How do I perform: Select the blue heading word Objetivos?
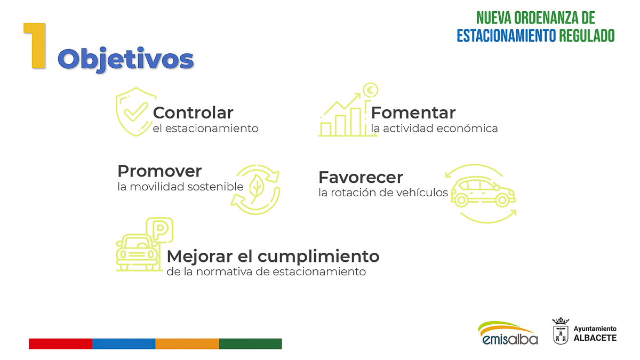click(x=126, y=59)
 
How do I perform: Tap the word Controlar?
click(x=193, y=113)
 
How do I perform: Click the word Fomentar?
click(x=413, y=113)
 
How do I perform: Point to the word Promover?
click(x=159, y=171)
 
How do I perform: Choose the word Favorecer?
click(x=361, y=177)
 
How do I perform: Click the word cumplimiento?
click(x=318, y=257)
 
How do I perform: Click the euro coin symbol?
click(x=371, y=90)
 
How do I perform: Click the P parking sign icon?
click(x=159, y=230)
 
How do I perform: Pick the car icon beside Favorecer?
click(x=483, y=191)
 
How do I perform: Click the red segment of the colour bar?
click(x=61, y=343)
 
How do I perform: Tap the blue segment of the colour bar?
click(x=124, y=343)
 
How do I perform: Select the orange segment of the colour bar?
click(x=187, y=343)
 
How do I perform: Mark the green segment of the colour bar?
click(x=251, y=343)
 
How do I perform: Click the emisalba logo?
click(x=508, y=333)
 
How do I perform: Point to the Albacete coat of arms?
click(x=561, y=331)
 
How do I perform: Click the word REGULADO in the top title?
click(x=587, y=36)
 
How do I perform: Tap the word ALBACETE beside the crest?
click(x=595, y=338)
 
